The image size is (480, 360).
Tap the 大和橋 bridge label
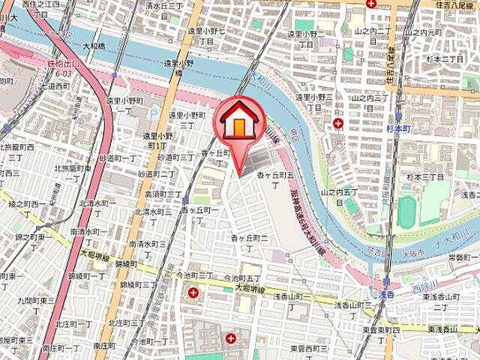pos(94,46)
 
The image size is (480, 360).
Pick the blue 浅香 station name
pos(385,295)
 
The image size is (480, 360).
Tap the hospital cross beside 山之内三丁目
pos(338,122)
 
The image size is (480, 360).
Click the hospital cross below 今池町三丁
pos(194,292)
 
